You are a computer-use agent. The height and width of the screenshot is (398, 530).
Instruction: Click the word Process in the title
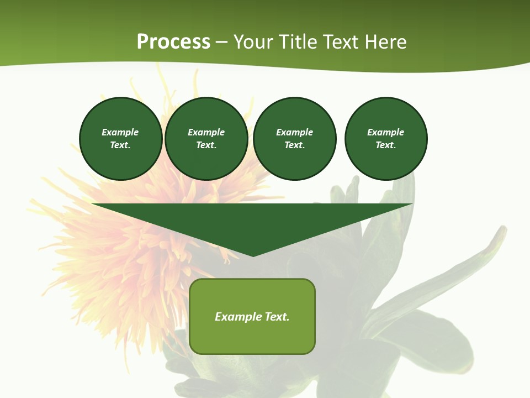click(173, 42)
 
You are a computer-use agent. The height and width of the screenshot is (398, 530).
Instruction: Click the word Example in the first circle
click(120, 132)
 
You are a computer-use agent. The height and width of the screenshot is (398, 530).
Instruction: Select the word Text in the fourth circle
click(385, 145)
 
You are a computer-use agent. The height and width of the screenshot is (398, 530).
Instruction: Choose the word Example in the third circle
click(294, 132)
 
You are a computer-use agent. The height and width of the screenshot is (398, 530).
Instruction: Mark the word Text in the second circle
click(206, 145)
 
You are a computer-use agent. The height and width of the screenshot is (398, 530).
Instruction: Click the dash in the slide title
click(221, 42)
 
